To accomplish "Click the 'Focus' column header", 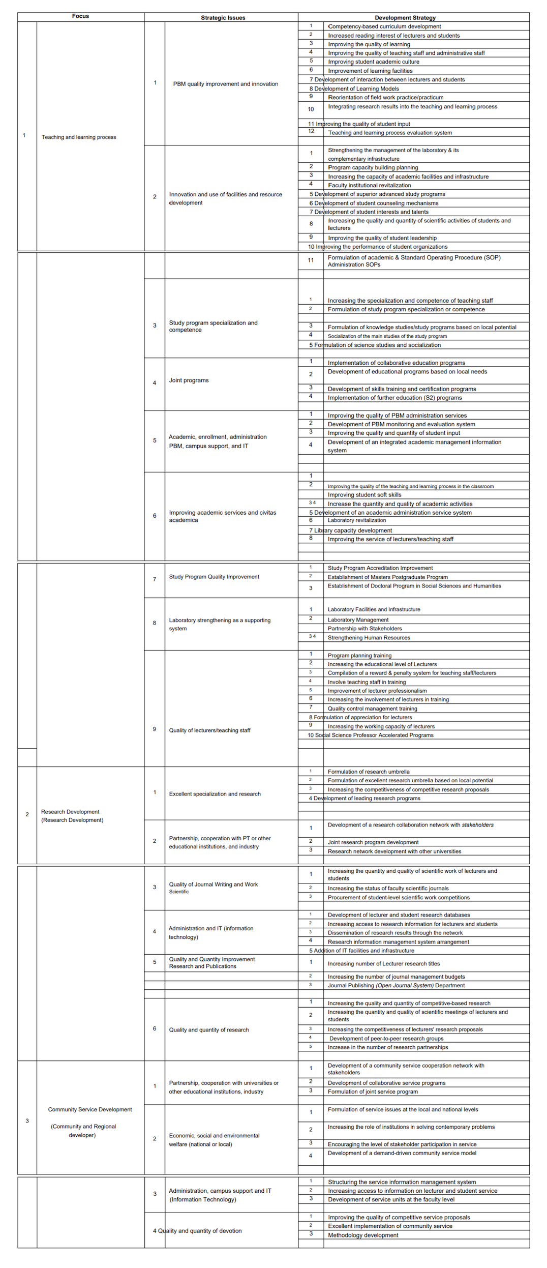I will [80, 16].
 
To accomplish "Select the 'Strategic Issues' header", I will [223, 18].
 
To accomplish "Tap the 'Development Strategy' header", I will [405, 18].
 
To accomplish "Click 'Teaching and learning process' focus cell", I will [79, 137].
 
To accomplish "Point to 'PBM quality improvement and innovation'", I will [225, 84].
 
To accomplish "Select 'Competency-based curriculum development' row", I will [384, 26].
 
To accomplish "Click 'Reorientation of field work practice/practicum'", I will [386, 98].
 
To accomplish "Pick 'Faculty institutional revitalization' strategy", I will [370, 186].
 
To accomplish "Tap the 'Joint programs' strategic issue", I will [189, 380].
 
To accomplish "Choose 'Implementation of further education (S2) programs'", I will [394, 398].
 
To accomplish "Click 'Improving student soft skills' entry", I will [364, 495].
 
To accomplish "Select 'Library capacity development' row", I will [353, 530].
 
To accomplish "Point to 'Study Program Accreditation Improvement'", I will [380, 568].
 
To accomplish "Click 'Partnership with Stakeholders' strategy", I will [364, 629].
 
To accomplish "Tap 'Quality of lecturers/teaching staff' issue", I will [209, 730].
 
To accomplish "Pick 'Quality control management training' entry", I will [372, 709].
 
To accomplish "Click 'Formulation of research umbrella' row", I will [369, 772].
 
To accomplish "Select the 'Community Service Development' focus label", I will [90, 1109].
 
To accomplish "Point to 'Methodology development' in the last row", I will [363, 1235].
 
